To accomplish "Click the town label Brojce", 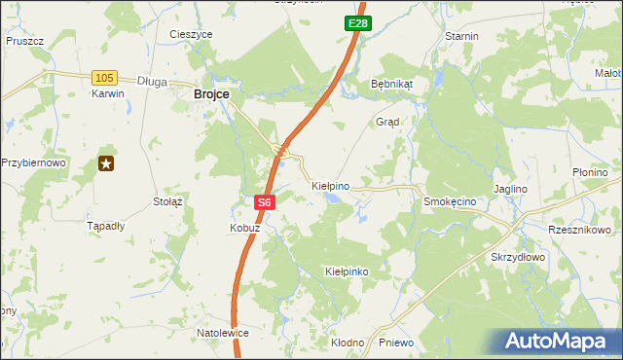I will [211, 93].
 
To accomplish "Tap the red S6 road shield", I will [266, 203].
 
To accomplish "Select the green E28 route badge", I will [356, 21].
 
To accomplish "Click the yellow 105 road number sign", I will [104, 77].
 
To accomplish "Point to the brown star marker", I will [105, 164].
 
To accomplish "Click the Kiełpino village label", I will [330, 184].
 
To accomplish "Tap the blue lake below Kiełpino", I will [333, 198].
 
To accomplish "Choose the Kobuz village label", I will [244, 228].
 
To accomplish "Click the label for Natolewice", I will [223, 333].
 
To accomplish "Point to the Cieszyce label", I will [191, 34].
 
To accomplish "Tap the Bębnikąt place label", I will [392, 84].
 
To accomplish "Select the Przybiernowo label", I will [33, 162].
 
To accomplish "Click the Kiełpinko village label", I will [347, 271].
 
